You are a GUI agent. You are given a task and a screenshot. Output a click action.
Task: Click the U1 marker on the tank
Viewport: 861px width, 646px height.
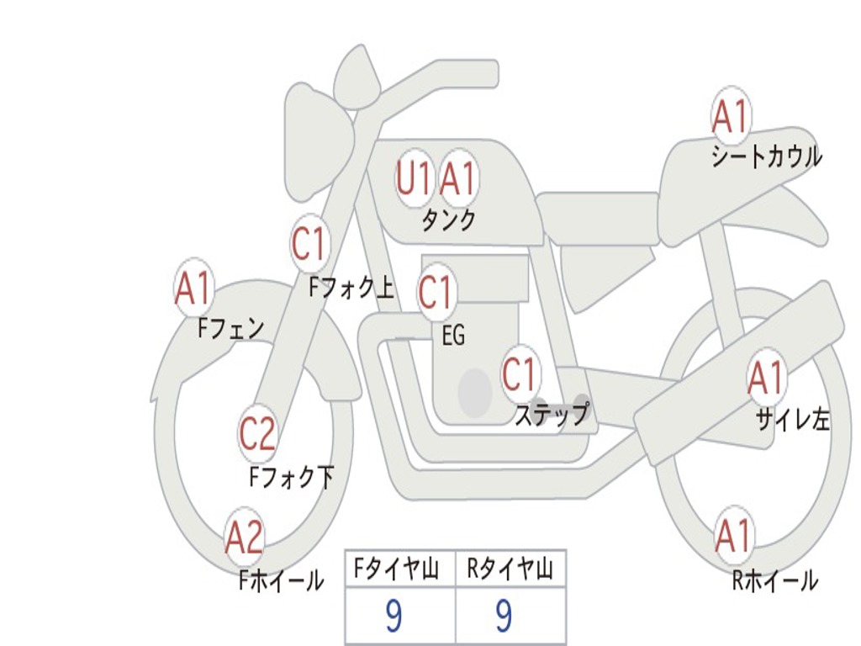(414, 178)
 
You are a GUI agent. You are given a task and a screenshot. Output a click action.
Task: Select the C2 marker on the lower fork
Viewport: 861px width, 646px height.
(257, 433)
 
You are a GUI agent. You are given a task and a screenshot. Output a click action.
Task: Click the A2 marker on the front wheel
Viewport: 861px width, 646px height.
(245, 537)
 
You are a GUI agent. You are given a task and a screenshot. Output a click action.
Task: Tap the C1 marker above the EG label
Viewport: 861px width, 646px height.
(436, 292)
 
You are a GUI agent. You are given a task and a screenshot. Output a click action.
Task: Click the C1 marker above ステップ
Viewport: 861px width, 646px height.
(520, 373)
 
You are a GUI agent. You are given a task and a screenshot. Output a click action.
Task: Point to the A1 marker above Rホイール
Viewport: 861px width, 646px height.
(733, 534)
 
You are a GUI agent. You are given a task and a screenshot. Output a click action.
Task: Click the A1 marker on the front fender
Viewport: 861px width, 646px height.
(193, 288)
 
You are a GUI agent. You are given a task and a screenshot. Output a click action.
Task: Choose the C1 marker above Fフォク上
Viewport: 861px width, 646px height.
(310, 243)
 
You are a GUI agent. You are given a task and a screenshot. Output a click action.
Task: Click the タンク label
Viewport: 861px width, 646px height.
(448, 220)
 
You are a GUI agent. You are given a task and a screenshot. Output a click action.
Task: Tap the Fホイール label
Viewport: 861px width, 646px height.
(281, 580)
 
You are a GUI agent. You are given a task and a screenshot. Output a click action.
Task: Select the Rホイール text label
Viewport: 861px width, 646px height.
(774, 580)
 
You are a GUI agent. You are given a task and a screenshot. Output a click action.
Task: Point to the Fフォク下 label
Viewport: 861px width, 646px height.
(291, 477)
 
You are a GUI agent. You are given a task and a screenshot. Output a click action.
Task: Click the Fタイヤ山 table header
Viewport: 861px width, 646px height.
(396, 568)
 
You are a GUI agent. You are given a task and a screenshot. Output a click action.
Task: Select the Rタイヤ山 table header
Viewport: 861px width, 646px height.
(510, 568)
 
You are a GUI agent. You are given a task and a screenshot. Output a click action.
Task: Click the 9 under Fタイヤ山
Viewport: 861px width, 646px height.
(394, 616)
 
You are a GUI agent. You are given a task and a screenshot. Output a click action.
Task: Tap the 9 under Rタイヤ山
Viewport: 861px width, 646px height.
(504, 616)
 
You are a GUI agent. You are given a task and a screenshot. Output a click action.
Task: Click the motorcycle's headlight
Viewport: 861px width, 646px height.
(319, 144)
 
